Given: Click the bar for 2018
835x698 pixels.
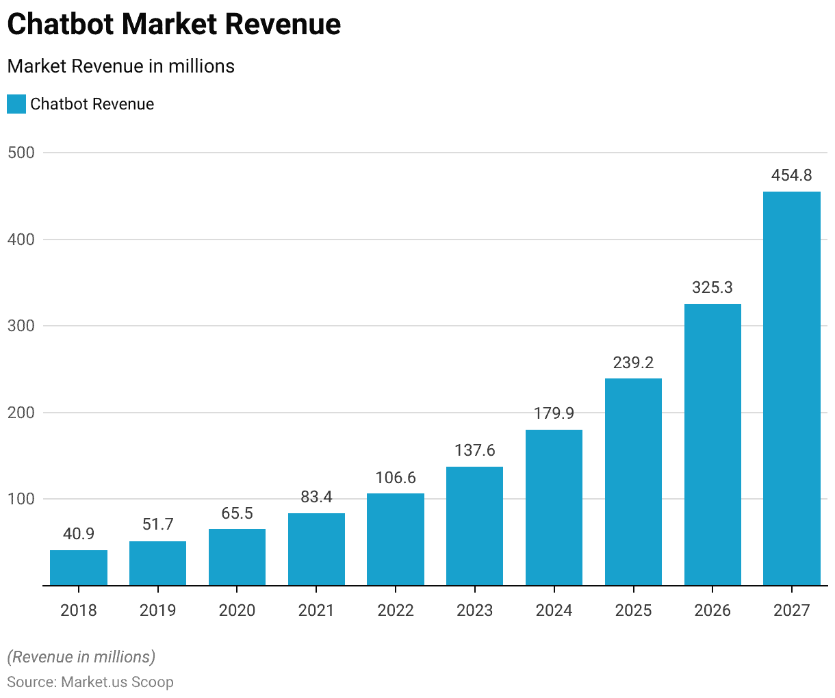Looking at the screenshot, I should coord(79,567).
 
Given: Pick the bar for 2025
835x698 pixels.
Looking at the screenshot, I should coord(633,482).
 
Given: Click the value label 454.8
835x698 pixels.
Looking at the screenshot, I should coord(791,175).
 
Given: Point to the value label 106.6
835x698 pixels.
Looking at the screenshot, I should coord(396,478).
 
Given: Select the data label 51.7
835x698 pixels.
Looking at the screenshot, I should coord(157,524).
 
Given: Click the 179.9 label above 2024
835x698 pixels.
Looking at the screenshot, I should coord(554,413).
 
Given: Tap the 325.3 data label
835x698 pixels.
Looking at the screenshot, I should coord(712,287).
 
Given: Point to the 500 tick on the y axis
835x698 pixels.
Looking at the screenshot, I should coord(21,153).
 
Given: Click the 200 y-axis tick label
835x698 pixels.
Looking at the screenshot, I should coord(21,413).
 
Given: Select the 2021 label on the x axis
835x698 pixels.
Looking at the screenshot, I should coord(316,610).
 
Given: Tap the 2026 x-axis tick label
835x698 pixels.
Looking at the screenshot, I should coord(712,610).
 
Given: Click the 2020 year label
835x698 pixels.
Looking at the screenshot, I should coord(237,610).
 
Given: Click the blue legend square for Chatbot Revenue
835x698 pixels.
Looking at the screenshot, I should coord(16,104).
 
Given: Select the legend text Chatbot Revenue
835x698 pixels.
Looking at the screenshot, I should coord(92,104).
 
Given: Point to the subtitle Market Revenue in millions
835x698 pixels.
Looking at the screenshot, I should coord(120,66).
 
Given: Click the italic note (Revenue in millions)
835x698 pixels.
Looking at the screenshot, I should coord(81,657).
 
